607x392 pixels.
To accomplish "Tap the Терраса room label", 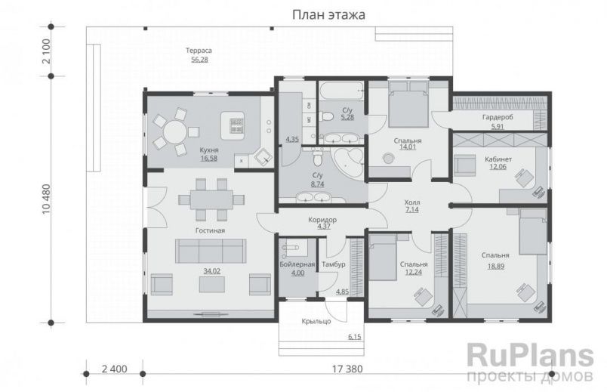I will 200,51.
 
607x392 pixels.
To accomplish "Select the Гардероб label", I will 497,118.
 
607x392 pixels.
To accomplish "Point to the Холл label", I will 411,202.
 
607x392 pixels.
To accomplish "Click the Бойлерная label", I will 297,264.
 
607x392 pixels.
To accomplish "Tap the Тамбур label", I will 333,264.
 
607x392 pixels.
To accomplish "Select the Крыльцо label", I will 316,322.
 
